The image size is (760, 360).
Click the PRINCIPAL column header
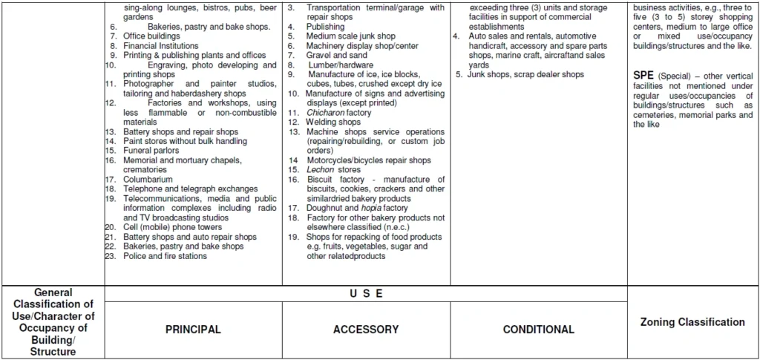coord(193,330)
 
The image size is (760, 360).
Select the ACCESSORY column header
coord(365,330)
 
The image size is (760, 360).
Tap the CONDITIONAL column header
coord(538,330)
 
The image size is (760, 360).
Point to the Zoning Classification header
coord(692,322)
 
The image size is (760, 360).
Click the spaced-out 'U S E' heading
coord(366,294)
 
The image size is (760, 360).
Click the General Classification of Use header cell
coord(53,322)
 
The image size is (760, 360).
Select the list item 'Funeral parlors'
coord(151,151)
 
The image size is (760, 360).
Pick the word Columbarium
coord(148,180)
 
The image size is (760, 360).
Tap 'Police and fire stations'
coord(165,256)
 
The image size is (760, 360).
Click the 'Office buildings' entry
coord(151,36)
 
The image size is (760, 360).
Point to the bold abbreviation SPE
coord(643,76)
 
